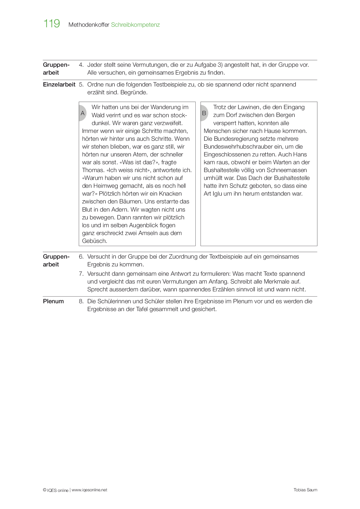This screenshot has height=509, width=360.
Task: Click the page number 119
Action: click(x=52, y=24)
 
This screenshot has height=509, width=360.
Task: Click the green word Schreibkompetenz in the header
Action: click(x=135, y=25)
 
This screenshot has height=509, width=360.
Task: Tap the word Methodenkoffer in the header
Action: click(x=89, y=25)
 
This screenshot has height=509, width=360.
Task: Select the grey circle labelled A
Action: click(x=82, y=113)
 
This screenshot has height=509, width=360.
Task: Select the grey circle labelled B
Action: click(x=204, y=113)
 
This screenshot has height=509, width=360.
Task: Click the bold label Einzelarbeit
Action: click(x=59, y=84)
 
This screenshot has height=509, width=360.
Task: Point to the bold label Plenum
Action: click(x=53, y=301)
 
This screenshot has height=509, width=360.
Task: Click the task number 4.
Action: click(x=81, y=65)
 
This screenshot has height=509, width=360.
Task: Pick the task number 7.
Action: click(x=81, y=274)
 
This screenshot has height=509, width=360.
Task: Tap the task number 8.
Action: click(x=81, y=301)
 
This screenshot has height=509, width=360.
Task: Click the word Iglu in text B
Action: click(x=217, y=194)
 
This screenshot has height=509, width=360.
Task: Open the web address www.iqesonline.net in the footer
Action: click(x=89, y=490)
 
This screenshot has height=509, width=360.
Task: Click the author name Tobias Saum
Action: click(x=305, y=490)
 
